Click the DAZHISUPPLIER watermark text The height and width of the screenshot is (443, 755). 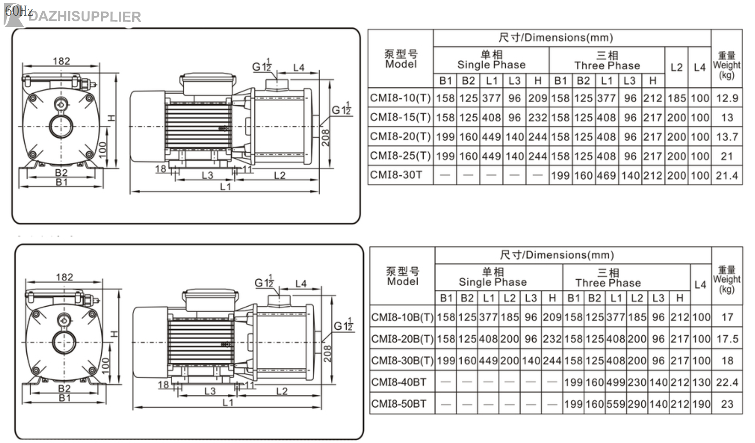(84, 17)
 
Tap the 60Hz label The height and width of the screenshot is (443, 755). (19, 10)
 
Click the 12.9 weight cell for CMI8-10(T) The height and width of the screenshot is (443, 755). (727, 98)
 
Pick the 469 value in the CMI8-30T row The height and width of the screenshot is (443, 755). (607, 175)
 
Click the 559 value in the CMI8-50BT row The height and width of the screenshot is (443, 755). (616, 404)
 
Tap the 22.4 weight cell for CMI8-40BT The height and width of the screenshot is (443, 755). (727, 382)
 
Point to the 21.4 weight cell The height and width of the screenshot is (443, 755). (727, 175)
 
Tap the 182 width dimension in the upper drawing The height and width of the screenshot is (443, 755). (61, 61)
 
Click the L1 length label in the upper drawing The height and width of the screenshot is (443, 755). (226, 186)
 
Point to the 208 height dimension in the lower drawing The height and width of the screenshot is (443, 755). (328, 353)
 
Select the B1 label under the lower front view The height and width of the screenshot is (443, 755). (65, 398)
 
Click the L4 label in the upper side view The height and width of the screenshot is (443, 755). (299, 68)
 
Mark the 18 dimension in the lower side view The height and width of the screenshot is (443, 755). (163, 385)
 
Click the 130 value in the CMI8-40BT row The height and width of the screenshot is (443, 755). (701, 382)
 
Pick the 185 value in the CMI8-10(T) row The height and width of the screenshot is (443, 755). (677, 98)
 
